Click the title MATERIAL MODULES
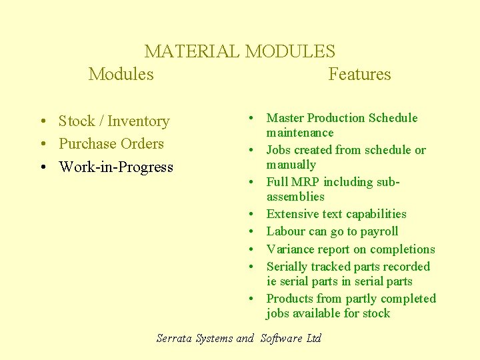click(x=240, y=51)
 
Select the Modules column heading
click(x=121, y=74)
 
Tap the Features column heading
click(x=359, y=74)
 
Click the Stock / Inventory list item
click(x=113, y=121)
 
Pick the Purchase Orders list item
click(x=111, y=144)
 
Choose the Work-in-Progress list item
click(x=115, y=167)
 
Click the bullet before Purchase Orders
click(x=42, y=144)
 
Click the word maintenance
click(x=300, y=133)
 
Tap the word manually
click(x=291, y=165)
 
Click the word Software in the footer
click(x=281, y=338)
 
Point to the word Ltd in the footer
click(x=313, y=338)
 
